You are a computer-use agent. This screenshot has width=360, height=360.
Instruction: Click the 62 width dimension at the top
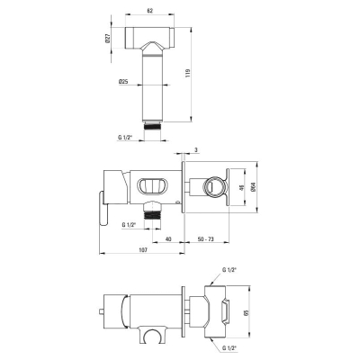[x=150, y=11]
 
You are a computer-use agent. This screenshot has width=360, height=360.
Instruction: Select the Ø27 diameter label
[x=108, y=38]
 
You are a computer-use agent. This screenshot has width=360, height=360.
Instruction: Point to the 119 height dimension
[x=188, y=73]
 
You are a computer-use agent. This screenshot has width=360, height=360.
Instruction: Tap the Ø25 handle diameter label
[x=123, y=81]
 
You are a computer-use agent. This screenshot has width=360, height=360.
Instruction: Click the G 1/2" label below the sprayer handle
[x=125, y=138]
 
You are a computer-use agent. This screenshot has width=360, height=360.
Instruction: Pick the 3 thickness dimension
[x=196, y=150]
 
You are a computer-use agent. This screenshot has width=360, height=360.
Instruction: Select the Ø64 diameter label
[x=253, y=187]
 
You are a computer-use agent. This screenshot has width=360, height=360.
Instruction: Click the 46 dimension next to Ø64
[x=241, y=187]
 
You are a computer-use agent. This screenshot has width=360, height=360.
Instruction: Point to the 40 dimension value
[x=168, y=239]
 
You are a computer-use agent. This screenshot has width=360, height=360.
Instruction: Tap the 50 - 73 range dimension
[x=206, y=239]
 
